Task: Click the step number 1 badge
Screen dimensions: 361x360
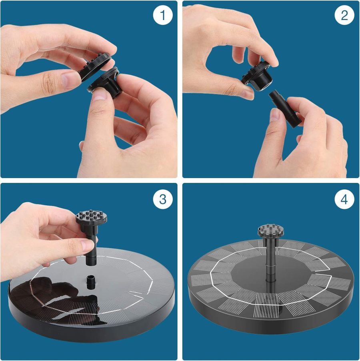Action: pyautogui.click(x=162, y=16)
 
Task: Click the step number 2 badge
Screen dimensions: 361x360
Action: pyautogui.click(x=344, y=16)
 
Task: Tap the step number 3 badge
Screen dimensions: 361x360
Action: pyautogui.click(x=162, y=199)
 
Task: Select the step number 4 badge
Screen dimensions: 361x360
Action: pyautogui.click(x=344, y=199)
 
